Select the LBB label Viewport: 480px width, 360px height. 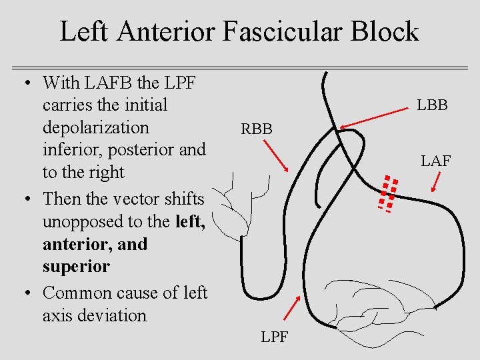432,105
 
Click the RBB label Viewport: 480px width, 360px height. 257,129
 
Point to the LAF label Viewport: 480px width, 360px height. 435,161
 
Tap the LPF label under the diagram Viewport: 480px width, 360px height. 275,337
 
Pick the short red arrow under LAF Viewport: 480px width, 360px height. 437,181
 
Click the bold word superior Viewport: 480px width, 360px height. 76,266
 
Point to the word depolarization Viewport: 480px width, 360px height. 96,127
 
